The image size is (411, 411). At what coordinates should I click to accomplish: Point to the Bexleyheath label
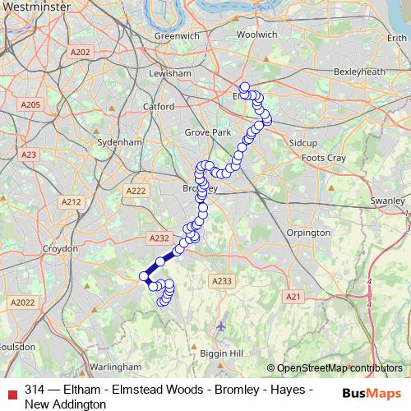[359, 72]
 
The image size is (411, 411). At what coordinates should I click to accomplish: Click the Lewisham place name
[170, 73]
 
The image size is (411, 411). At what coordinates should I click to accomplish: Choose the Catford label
[158, 107]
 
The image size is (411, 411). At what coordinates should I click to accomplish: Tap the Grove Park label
[206, 132]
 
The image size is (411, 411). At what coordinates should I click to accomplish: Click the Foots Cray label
[324, 157]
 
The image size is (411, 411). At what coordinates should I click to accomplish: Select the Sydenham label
[119, 141]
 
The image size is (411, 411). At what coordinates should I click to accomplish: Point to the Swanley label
[388, 201]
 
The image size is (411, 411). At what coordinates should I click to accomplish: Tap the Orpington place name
[308, 233]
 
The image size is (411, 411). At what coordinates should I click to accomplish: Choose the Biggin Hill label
[222, 353]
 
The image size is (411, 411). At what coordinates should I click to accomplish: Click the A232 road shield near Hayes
[159, 238]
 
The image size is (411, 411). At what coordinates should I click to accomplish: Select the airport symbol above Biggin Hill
[220, 327]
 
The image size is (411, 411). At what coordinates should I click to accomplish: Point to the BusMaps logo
[372, 393]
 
